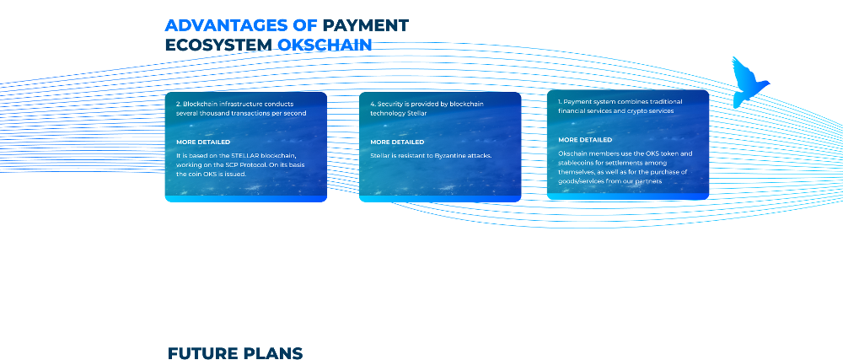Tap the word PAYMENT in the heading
pos(366,25)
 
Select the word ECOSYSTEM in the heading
pos(219,45)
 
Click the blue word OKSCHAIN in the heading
pos(325,45)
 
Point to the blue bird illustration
pos(749,83)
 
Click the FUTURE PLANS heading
pos(235,353)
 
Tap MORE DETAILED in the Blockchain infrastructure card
pos(203,142)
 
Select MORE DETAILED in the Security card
pos(397,142)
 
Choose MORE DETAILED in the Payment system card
pos(585,140)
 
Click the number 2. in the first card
pos(179,104)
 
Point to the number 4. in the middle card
pos(373,104)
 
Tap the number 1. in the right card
pos(560,101)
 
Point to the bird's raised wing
pos(739,69)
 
